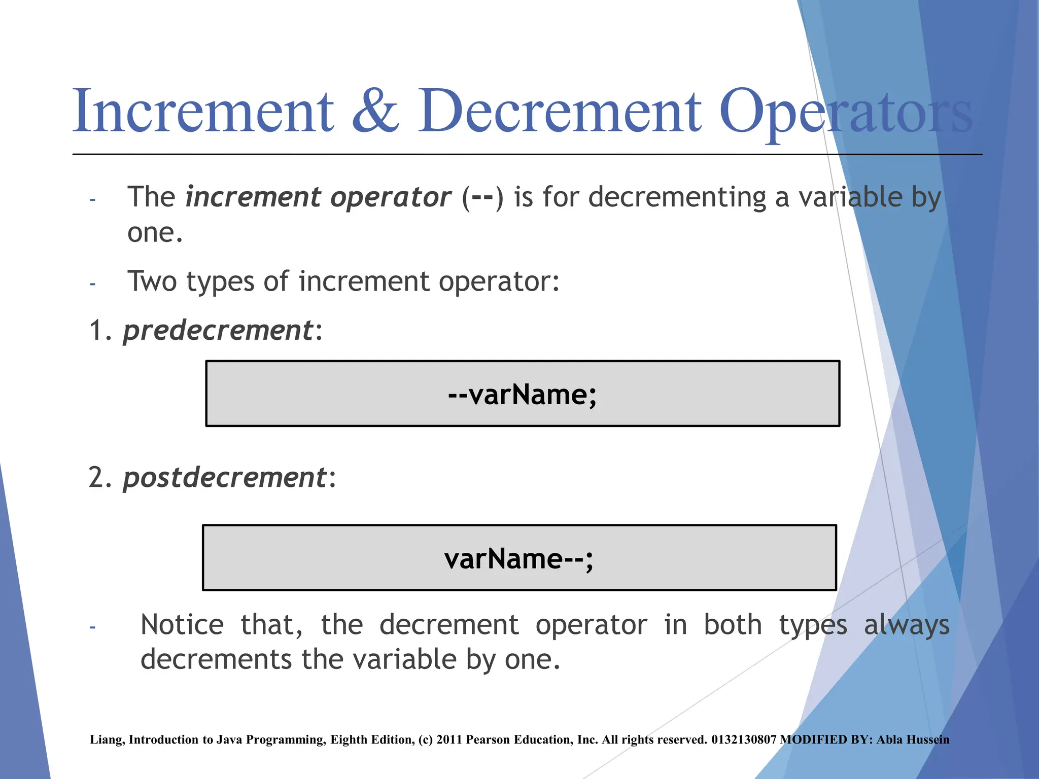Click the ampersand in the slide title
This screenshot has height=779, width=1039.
375,111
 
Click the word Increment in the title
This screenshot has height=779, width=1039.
203,111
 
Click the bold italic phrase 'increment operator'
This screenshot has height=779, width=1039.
318,197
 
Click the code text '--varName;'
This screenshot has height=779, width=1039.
523,395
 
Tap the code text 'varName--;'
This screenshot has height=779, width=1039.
518,559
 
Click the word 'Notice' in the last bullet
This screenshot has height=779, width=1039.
182,625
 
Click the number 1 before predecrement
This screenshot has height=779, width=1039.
96,331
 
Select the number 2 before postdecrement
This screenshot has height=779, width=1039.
96,478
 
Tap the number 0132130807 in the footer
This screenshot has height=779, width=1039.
743,739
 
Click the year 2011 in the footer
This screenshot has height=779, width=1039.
449,739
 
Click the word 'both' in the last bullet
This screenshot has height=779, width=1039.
733,625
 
